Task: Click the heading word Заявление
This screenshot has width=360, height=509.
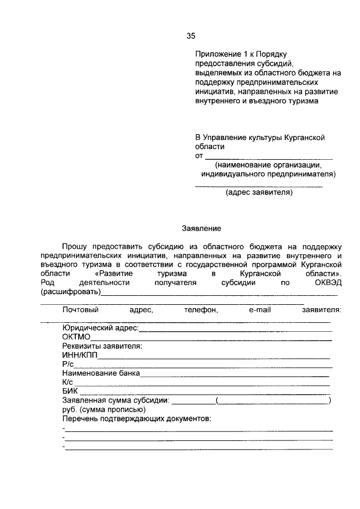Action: (x=201, y=228)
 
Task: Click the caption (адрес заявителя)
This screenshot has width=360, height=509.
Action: (x=259, y=193)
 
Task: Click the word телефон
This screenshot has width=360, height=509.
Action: (x=201, y=309)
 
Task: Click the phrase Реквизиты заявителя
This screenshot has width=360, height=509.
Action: (x=102, y=346)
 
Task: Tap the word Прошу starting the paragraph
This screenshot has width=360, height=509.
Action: (x=75, y=246)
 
